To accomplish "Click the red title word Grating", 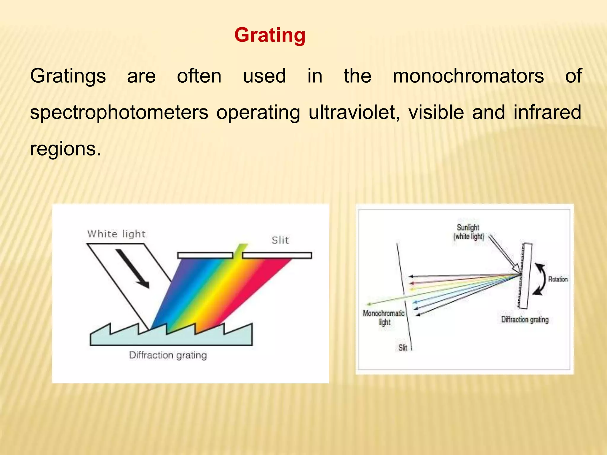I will (x=269, y=35).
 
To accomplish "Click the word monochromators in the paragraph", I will (x=468, y=76).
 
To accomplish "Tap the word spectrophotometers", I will (x=119, y=113).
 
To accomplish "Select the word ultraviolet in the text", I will (x=354, y=112).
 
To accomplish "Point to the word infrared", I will (x=547, y=112).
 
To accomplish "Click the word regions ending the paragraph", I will (x=65, y=149).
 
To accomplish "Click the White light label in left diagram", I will (x=116, y=234).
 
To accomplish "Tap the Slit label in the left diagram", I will (x=280, y=240).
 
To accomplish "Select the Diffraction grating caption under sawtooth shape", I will (x=168, y=355).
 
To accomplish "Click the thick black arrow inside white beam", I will (x=132, y=268).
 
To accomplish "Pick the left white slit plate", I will (x=205, y=255).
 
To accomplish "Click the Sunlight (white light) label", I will (x=468, y=232).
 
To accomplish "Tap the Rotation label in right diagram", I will (x=558, y=279).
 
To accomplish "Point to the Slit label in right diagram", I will (x=402, y=347).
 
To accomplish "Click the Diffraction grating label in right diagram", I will (x=525, y=320).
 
